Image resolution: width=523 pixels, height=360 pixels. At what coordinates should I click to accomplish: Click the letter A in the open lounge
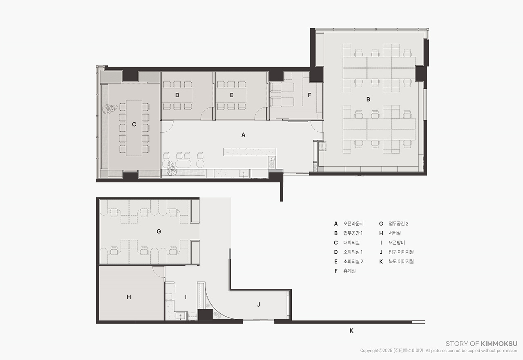(x=243, y=135)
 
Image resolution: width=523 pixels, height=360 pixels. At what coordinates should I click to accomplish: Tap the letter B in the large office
(x=368, y=99)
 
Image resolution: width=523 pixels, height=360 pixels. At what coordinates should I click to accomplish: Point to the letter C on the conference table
(x=134, y=125)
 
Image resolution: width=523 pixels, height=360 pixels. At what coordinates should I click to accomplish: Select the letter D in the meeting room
(x=177, y=95)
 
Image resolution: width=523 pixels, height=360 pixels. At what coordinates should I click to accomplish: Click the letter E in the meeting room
(x=232, y=95)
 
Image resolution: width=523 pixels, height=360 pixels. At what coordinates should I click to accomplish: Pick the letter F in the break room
(x=309, y=95)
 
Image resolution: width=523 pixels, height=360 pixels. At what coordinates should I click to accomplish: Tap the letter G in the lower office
(x=159, y=231)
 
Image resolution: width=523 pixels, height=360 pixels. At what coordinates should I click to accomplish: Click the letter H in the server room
(x=129, y=297)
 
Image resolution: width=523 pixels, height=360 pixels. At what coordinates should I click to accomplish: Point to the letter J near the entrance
(x=259, y=304)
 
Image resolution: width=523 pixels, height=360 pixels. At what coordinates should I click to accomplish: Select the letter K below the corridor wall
(x=351, y=331)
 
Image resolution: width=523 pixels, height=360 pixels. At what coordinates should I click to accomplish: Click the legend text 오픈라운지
(x=353, y=224)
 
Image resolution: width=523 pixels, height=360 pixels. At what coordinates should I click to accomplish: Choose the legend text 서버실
(x=395, y=233)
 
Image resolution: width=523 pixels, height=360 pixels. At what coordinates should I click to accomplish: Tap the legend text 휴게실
(x=349, y=271)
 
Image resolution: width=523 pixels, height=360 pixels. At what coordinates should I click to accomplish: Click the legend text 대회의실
(x=351, y=243)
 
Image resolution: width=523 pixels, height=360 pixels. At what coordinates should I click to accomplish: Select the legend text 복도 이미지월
(x=401, y=262)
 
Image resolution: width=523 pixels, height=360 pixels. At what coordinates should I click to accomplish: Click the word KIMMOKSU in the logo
(x=499, y=344)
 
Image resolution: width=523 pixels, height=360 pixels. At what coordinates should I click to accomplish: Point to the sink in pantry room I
(x=180, y=315)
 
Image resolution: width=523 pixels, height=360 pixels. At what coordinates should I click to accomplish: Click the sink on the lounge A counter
(x=244, y=173)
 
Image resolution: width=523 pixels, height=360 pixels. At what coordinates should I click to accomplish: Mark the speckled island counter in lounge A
(x=249, y=152)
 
